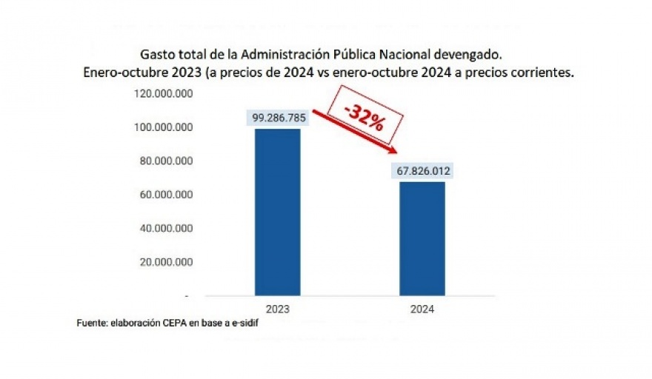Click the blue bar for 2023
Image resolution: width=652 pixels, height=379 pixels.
[277, 212]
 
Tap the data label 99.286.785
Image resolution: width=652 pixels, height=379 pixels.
[277, 117]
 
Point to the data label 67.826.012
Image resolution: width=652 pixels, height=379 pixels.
[422, 171]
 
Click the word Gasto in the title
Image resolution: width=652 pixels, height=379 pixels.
[156, 55]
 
